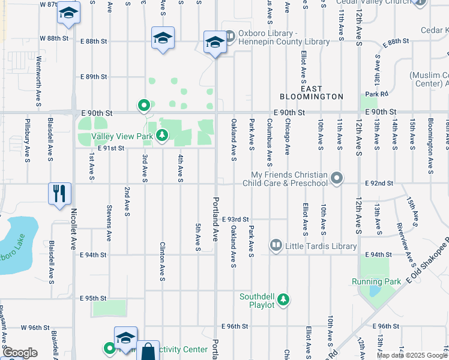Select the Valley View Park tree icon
click(x=161, y=136)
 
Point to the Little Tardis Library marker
click(x=276, y=245)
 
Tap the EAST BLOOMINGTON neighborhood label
click(x=312, y=92)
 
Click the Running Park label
click(x=376, y=281)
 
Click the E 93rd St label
click(x=235, y=220)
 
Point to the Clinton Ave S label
click(x=162, y=261)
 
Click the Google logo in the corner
click(x=20, y=353)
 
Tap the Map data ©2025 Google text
click(x=412, y=355)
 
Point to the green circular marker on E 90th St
click(x=144, y=106)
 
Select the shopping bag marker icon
click(x=147, y=352)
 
